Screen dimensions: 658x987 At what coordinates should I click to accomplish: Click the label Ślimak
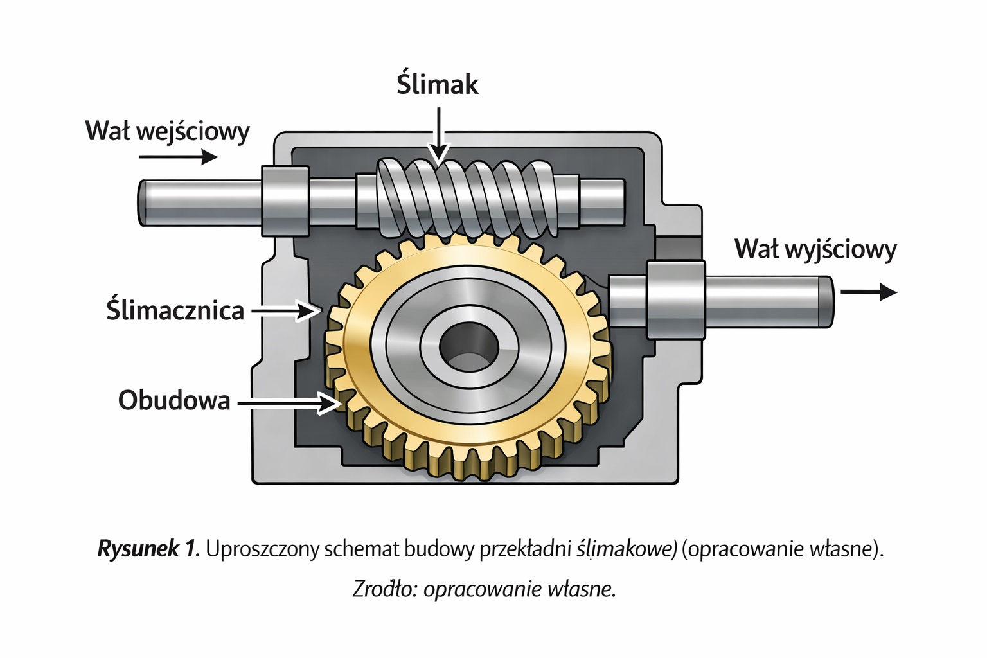[x=437, y=85]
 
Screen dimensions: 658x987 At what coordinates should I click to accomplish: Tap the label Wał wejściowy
[x=167, y=131]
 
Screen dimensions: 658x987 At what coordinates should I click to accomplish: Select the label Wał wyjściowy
[x=815, y=249]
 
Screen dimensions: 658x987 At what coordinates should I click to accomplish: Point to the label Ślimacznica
[x=175, y=311]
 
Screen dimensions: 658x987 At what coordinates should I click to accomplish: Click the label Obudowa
[x=174, y=400]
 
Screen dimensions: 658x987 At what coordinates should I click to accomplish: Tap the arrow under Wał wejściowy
[x=178, y=157]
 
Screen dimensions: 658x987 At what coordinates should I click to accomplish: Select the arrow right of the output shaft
[x=868, y=292]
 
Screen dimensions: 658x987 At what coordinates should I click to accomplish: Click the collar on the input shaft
[x=285, y=200]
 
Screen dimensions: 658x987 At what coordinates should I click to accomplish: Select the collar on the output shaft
[x=676, y=299]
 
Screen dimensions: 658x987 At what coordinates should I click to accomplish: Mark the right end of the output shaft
[x=825, y=301]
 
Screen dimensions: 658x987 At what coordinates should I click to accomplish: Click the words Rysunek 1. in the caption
[x=148, y=549]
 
